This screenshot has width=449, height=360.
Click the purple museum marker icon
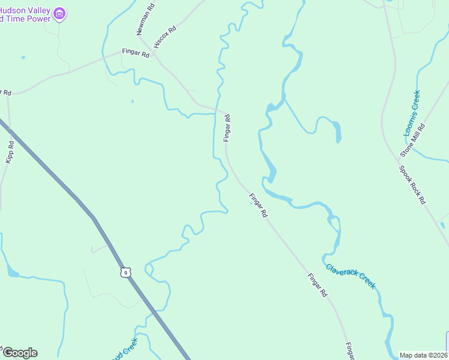[x=59, y=13]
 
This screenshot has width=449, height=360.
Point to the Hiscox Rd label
[x=164, y=37]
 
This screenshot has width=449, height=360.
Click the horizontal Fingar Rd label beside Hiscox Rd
[x=135, y=53]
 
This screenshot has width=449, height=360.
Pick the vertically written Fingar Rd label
[x=227, y=128]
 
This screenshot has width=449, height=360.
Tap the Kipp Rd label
[x=10, y=152]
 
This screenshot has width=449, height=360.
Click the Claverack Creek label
[x=351, y=276]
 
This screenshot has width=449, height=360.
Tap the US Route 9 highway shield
[x=125, y=272]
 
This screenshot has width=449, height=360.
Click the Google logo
[x=20, y=353]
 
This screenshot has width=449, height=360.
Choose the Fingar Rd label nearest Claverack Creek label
[x=317, y=286]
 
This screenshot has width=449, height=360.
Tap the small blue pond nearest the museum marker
[x=23, y=58]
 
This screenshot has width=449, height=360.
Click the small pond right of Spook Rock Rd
[x=442, y=226]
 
